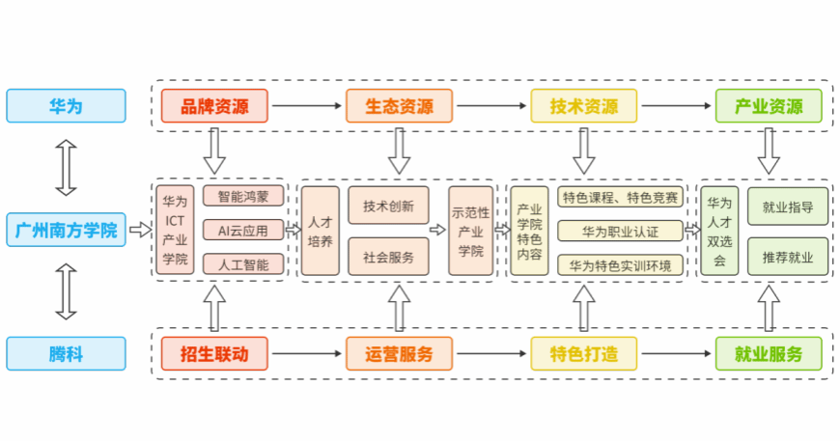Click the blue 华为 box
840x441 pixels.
(x=66, y=106)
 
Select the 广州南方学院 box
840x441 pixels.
(x=66, y=230)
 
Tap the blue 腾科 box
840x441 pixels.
(x=66, y=354)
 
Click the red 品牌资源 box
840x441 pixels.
(x=214, y=106)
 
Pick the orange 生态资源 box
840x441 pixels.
(x=399, y=106)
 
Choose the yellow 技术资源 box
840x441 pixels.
(x=584, y=106)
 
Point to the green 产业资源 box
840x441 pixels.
(x=769, y=106)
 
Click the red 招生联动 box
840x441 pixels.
(x=214, y=354)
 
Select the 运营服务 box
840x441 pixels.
(x=399, y=354)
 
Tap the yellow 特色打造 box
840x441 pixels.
(x=584, y=354)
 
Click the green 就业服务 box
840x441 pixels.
(x=769, y=354)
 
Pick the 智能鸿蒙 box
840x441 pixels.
(x=243, y=196)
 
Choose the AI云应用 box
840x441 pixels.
(x=243, y=230)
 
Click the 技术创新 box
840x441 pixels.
(x=388, y=206)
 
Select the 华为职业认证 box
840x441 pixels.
(x=621, y=232)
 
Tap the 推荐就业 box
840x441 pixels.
(x=788, y=257)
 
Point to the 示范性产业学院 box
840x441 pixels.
(x=471, y=231)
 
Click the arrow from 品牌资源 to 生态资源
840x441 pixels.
(x=307, y=106)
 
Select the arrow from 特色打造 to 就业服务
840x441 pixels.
(x=677, y=354)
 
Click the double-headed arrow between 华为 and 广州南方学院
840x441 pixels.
(x=66, y=168)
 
